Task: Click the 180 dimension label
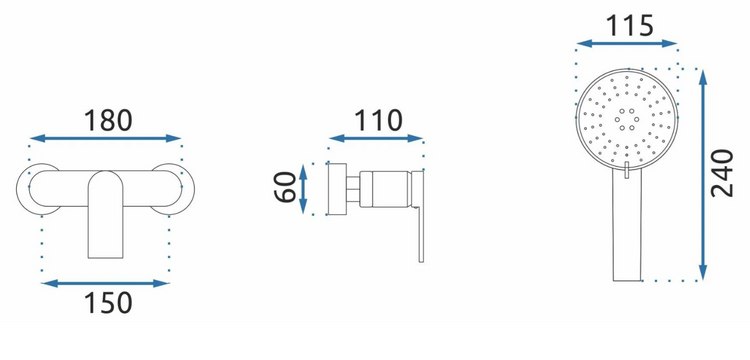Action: (x=108, y=120)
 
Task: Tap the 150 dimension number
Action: (x=108, y=303)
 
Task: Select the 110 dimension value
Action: (x=378, y=120)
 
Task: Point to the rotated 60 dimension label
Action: (x=286, y=187)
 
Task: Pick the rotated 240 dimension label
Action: (x=722, y=173)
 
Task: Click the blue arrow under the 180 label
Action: (x=105, y=139)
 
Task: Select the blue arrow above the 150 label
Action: (x=105, y=284)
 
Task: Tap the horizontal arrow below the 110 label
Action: (x=376, y=139)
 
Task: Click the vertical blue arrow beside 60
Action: (x=303, y=189)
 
